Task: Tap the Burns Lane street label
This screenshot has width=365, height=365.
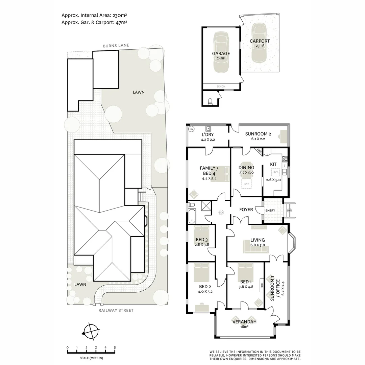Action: click(x=116, y=45)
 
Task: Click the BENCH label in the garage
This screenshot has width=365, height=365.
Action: click(x=221, y=87)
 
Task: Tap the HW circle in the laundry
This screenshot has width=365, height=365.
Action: click(x=192, y=129)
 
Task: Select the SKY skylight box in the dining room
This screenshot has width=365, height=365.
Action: click(x=246, y=183)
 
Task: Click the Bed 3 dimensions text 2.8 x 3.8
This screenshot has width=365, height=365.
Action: click(x=202, y=245)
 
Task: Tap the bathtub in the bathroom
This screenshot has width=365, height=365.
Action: click(x=192, y=216)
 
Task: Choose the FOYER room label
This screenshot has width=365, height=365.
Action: click(x=246, y=210)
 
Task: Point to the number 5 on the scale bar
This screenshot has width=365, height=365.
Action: click(x=115, y=347)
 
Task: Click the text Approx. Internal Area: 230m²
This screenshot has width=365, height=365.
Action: click(x=94, y=15)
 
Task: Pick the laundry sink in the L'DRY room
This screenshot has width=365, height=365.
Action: click(x=209, y=128)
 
